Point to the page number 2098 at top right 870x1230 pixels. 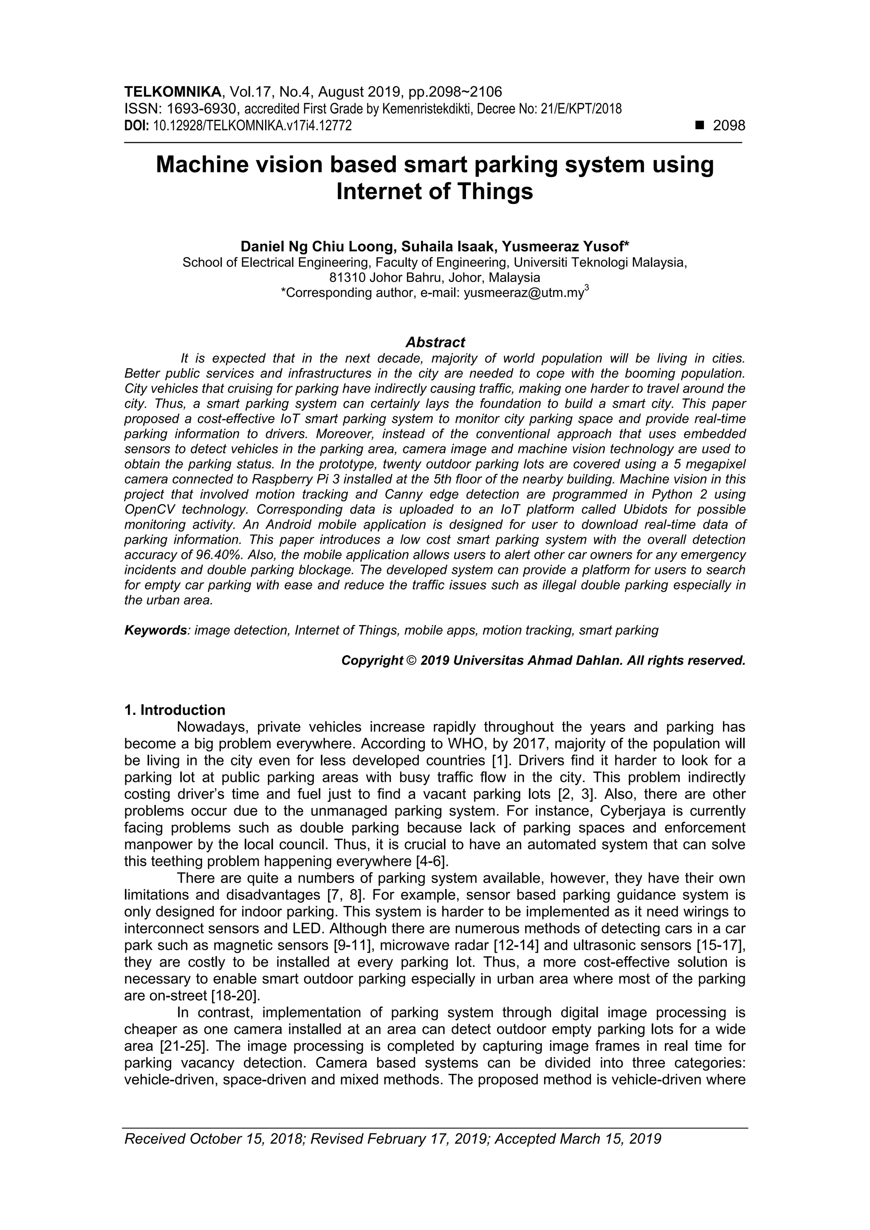[729, 126]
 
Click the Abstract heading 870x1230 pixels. [435, 342]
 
